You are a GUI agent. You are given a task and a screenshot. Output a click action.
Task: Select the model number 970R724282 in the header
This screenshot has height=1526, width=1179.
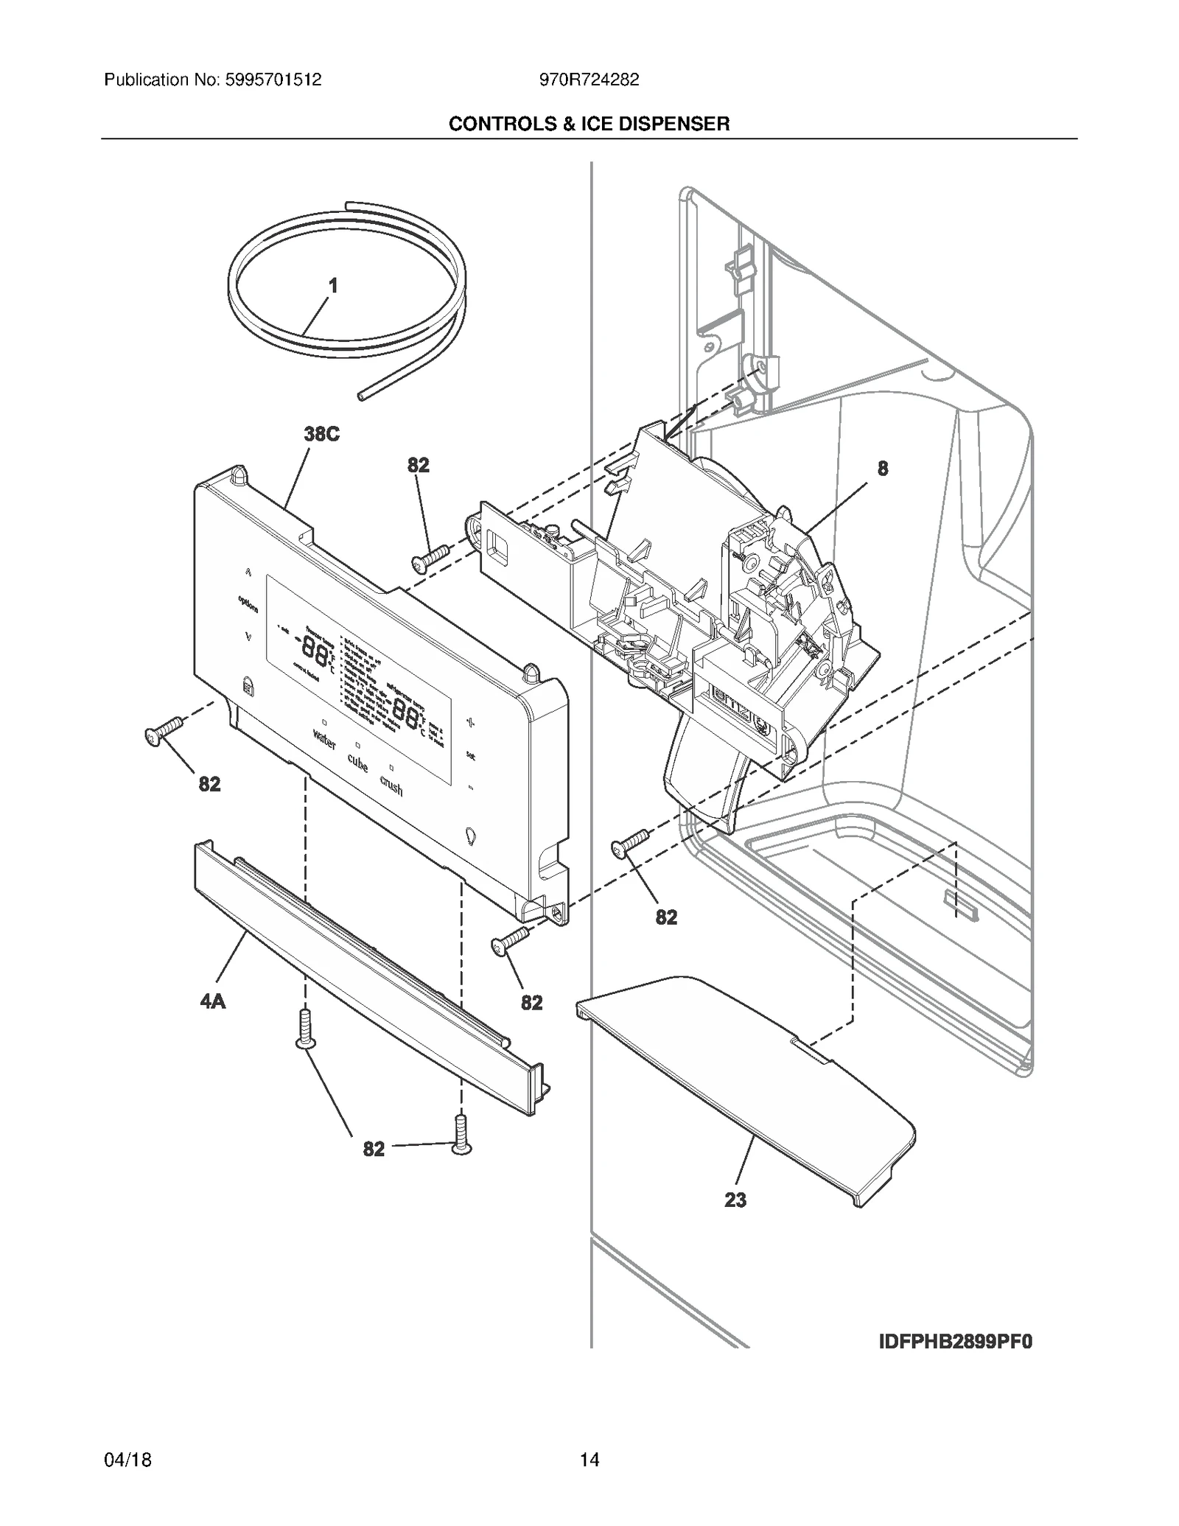pyautogui.click(x=589, y=80)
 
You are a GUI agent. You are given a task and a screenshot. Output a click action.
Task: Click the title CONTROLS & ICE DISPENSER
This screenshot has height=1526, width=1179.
pyautogui.click(x=589, y=124)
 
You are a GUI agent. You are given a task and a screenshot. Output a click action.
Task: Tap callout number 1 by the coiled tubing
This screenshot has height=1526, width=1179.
pyautogui.click(x=333, y=286)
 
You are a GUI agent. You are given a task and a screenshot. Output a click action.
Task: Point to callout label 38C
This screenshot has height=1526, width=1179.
pyautogui.click(x=322, y=434)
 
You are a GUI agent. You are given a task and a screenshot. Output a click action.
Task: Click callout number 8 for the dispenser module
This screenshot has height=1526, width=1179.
pyautogui.click(x=883, y=468)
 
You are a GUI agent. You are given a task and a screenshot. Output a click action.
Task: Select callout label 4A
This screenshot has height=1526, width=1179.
pyautogui.click(x=213, y=1001)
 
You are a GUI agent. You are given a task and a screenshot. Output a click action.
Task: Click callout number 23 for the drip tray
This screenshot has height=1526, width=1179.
pyautogui.click(x=735, y=1200)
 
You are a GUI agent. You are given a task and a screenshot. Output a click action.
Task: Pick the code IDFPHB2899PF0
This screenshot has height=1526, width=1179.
pyautogui.click(x=956, y=1342)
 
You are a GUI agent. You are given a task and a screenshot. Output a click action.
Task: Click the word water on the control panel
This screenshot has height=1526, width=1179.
pyautogui.click(x=324, y=739)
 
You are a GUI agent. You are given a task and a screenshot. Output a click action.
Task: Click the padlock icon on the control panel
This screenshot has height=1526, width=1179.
pyautogui.click(x=247, y=687)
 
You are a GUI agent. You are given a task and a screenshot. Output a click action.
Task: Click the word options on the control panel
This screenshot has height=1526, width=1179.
pyautogui.click(x=248, y=605)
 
